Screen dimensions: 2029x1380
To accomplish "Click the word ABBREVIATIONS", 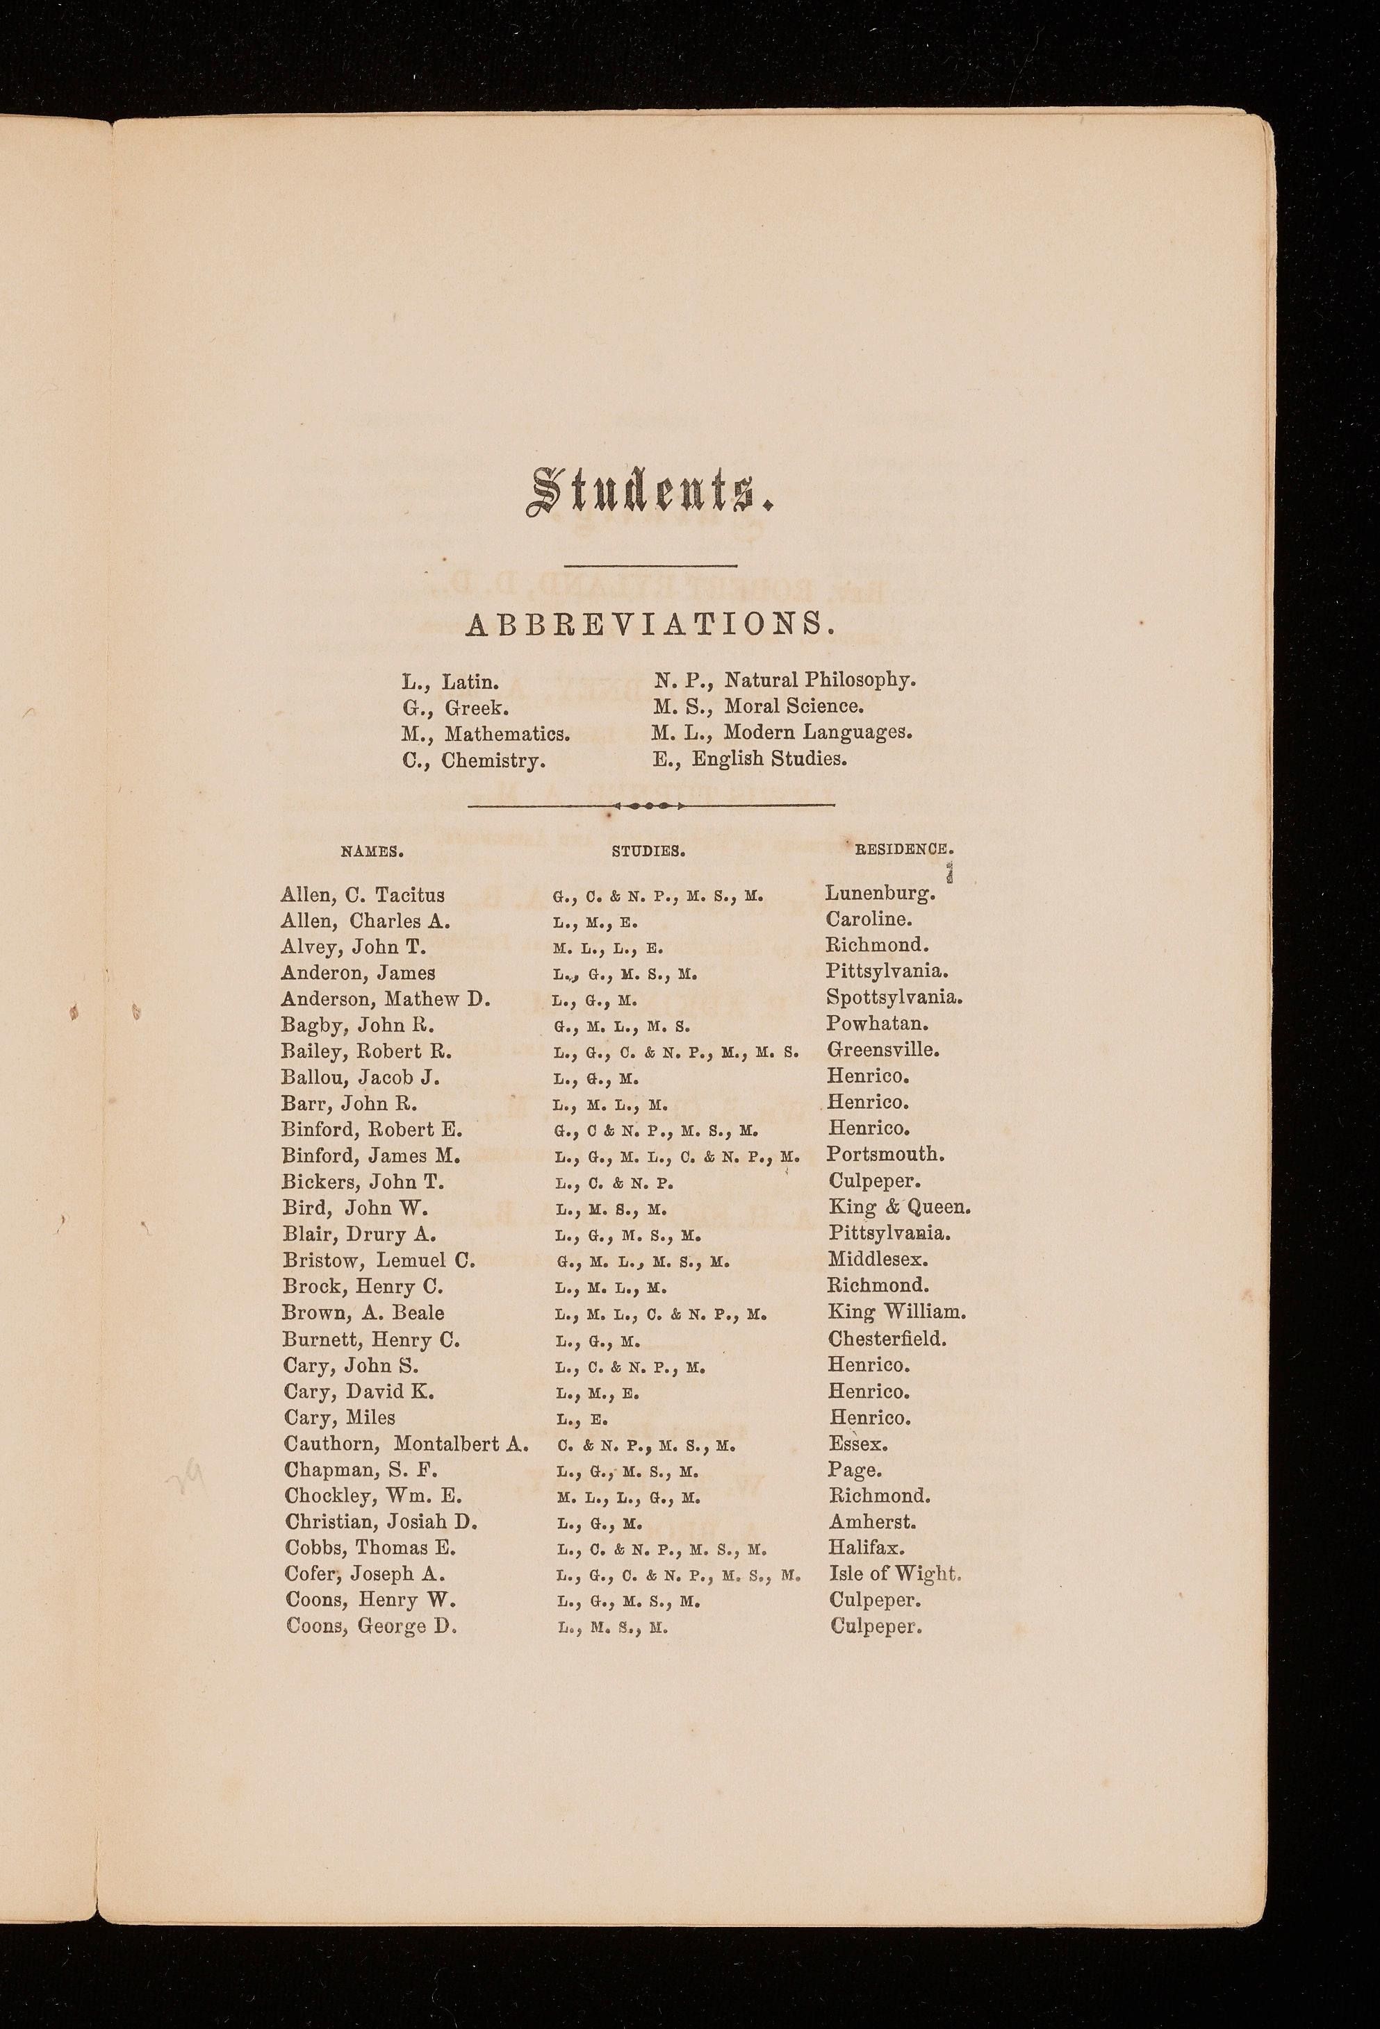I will click(650, 624).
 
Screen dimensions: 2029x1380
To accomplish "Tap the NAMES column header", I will click(371, 849).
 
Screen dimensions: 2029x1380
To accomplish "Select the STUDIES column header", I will click(648, 849).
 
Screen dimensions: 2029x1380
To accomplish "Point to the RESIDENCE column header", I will click(905, 848).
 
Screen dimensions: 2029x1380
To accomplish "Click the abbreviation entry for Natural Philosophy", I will click(785, 679).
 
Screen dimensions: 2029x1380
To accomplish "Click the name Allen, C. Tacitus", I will click(363, 895).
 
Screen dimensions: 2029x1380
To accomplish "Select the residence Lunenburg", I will click(880, 894).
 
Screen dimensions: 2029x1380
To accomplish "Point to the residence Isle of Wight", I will click(895, 1574).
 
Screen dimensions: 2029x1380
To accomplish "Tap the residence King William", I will click(897, 1312).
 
